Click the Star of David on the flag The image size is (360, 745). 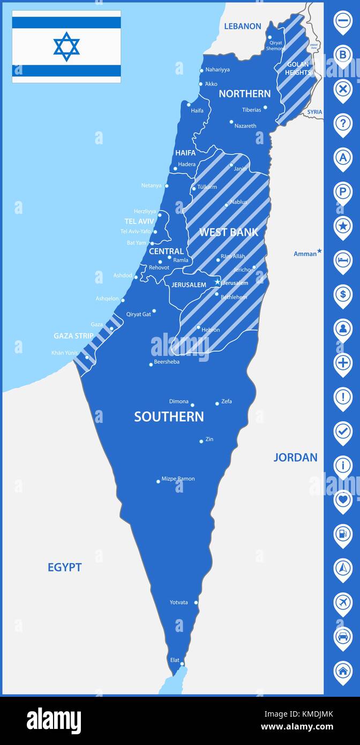[66, 46]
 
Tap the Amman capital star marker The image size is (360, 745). [319, 251]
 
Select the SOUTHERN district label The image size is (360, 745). [169, 416]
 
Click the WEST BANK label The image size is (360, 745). [228, 232]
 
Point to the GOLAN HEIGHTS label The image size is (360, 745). [297, 68]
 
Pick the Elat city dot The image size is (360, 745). [182, 664]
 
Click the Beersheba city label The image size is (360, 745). [167, 362]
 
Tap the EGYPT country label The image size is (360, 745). [64, 567]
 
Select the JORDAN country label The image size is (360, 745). [295, 457]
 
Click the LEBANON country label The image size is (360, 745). [242, 26]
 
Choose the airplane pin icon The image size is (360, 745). [343, 602]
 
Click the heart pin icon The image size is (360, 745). [343, 500]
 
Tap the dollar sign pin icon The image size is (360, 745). [343, 294]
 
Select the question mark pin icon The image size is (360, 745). [343, 123]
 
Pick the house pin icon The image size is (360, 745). [343, 670]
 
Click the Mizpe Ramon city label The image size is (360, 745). [178, 479]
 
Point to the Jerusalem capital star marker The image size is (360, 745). [217, 282]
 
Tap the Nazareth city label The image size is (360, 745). [245, 126]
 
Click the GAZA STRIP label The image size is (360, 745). [73, 336]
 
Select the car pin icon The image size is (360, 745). [343, 637]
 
